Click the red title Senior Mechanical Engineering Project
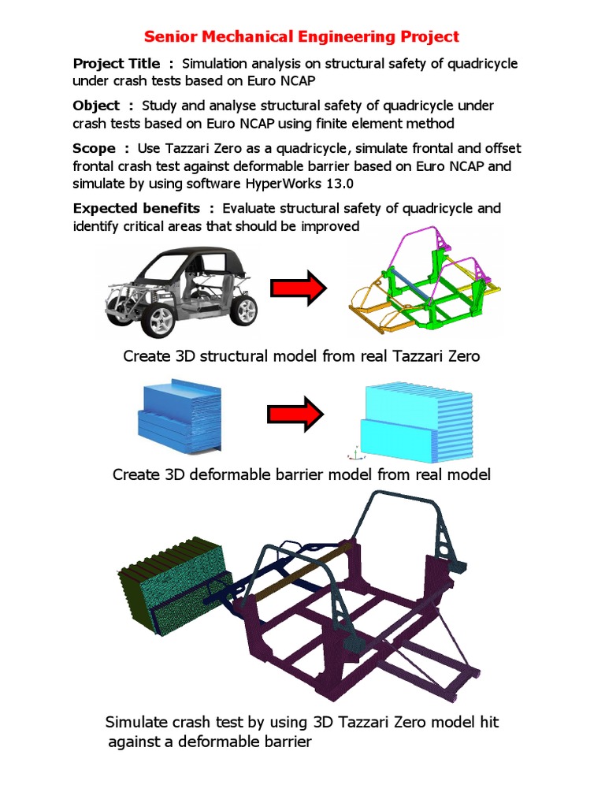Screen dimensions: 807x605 (x=301, y=36)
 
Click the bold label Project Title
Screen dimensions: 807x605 (x=116, y=64)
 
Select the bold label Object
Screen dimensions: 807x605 (x=97, y=106)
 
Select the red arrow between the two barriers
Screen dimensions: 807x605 (x=295, y=414)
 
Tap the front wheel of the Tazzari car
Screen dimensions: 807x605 (x=161, y=321)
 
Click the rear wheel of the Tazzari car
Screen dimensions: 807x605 (x=243, y=311)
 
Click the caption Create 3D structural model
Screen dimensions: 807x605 (x=301, y=356)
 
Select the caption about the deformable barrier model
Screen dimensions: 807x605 (x=301, y=474)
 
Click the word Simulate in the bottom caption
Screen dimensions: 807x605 (x=135, y=723)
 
